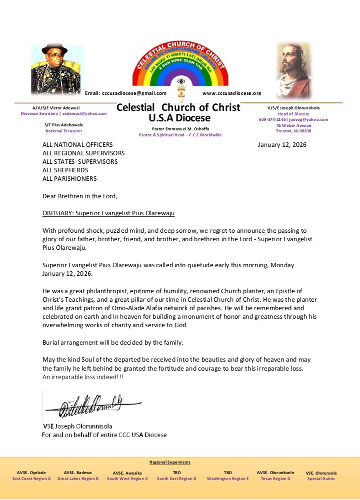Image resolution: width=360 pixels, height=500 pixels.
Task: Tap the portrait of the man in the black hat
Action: coord(56,70)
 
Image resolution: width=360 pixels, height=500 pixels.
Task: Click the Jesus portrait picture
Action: coord(293,70)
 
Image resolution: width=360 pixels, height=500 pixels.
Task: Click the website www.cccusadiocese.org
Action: coord(231,93)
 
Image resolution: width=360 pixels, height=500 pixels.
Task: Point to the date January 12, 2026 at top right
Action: coord(282,145)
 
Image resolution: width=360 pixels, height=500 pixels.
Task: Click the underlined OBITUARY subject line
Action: coord(108,213)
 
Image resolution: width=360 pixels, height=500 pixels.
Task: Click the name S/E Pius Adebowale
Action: coord(63,125)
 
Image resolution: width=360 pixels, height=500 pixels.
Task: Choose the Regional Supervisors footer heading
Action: coord(170,462)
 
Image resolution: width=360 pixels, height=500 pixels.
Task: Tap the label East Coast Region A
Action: coord(31,479)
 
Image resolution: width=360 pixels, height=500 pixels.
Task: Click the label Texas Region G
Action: coord(275,479)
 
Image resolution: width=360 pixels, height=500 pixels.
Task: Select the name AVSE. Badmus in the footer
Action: coord(77,473)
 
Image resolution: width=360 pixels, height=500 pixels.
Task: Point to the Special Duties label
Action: coord(321,479)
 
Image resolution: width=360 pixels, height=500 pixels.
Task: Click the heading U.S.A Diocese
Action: coord(179,118)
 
